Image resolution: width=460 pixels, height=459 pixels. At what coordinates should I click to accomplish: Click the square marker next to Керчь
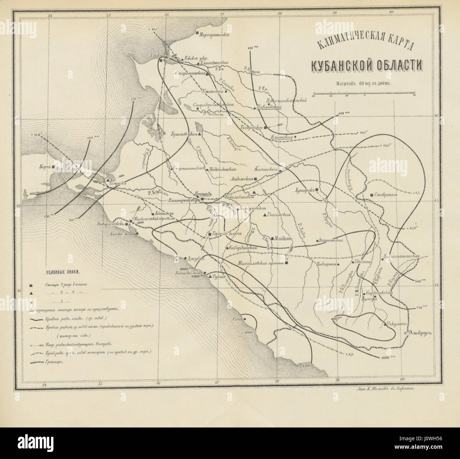point(53,166)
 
